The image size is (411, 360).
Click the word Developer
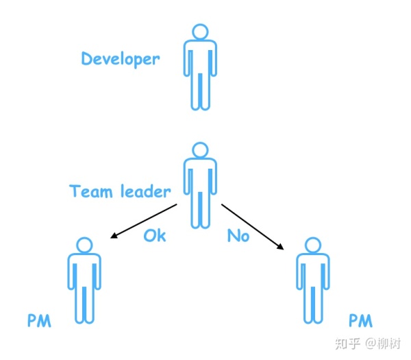click(x=121, y=59)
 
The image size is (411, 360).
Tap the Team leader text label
click(x=120, y=191)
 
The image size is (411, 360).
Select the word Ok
click(x=154, y=235)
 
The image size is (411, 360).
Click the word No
click(x=238, y=235)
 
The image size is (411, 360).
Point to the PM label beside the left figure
click(x=39, y=321)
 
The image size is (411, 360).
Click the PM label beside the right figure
click(x=361, y=321)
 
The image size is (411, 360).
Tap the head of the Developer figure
click(x=199, y=32)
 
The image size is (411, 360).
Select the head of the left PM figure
click(x=84, y=245)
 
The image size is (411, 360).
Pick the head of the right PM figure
click(x=313, y=245)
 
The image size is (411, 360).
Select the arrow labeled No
click(x=252, y=226)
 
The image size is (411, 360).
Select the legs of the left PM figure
click(x=84, y=302)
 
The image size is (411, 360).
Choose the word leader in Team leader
click(x=145, y=191)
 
